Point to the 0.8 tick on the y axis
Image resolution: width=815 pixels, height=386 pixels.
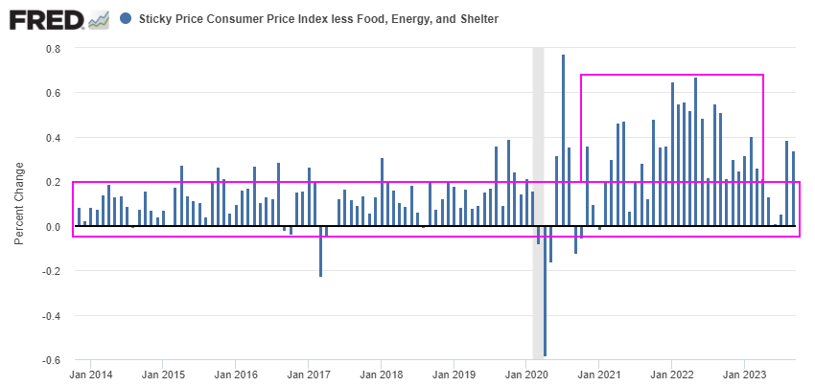(x=53, y=49)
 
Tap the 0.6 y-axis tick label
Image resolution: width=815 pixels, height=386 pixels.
(x=53, y=93)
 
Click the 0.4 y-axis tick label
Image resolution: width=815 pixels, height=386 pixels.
(x=53, y=138)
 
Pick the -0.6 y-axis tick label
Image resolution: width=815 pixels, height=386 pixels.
(x=51, y=360)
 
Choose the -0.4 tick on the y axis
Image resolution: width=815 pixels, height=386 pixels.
(x=51, y=316)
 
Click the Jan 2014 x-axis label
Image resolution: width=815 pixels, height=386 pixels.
(x=90, y=375)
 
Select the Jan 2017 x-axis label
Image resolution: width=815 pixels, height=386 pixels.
(x=308, y=375)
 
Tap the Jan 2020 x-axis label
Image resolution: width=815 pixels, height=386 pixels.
(x=525, y=375)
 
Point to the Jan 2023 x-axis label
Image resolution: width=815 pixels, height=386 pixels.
(x=744, y=375)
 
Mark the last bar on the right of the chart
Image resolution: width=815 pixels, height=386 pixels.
(x=793, y=190)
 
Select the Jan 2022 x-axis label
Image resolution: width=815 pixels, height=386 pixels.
(x=671, y=375)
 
